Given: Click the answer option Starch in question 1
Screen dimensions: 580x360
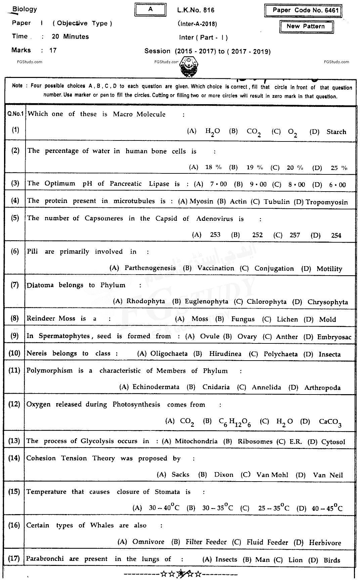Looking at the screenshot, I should pyautogui.click(x=336, y=132).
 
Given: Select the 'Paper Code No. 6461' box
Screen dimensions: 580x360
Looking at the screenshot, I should pyautogui.click(x=303, y=10).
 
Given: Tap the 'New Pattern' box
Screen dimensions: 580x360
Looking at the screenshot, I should pyautogui.click(x=306, y=27).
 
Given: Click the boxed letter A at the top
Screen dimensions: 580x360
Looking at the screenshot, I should pyautogui.click(x=150, y=9).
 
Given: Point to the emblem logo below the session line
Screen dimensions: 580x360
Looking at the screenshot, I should pyautogui.click(x=189, y=67).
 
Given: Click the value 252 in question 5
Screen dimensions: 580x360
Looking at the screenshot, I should pyautogui.click(x=257, y=235).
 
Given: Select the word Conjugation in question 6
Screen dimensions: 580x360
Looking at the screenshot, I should pyautogui.click(x=274, y=268).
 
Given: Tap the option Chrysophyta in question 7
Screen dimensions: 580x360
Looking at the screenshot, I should pyautogui.click(x=327, y=302).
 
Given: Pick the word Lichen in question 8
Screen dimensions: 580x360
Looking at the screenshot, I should pyautogui.click(x=287, y=319).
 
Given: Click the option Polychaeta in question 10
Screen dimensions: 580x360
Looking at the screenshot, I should pyautogui.click(x=280, y=354).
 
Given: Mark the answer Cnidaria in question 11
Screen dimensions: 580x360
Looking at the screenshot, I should pyautogui.click(x=216, y=387).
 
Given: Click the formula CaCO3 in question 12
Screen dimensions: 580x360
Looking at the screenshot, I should pyautogui.click(x=330, y=422).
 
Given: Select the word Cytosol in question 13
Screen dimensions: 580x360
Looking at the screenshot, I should pyautogui.click(x=333, y=442).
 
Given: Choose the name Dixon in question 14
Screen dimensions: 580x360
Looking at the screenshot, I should pyautogui.click(x=224, y=475).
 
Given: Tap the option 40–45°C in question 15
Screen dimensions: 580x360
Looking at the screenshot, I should pyautogui.click(x=327, y=508).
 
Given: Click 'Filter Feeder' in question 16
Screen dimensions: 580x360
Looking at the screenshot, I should pyautogui.click(x=206, y=542).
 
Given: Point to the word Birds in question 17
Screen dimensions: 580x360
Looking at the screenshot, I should pyautogui.click(x=332, y=560).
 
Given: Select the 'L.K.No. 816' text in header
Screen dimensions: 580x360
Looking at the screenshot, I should pyautogui.click(x=196, y=10).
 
